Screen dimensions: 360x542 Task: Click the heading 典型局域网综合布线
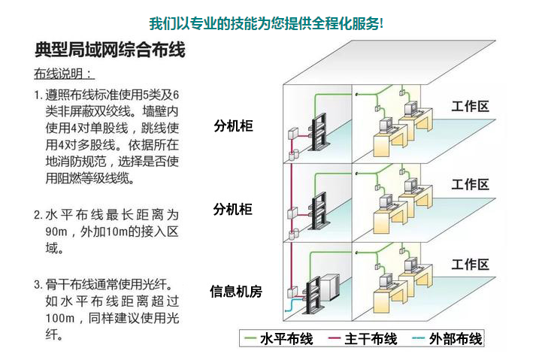[110, 50]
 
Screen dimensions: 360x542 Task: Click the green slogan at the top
[266, 22]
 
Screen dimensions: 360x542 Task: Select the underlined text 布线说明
[63, 74]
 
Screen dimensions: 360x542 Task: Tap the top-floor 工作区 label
[470, 106]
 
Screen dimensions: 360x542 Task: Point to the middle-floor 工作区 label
[470, 184]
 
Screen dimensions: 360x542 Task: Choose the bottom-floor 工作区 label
[470, 264]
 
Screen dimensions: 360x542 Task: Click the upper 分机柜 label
[233, 126]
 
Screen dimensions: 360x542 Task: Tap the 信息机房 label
[236, 291]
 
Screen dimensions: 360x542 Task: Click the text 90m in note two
[58, 231]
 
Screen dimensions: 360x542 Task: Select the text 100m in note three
[60, 318]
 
